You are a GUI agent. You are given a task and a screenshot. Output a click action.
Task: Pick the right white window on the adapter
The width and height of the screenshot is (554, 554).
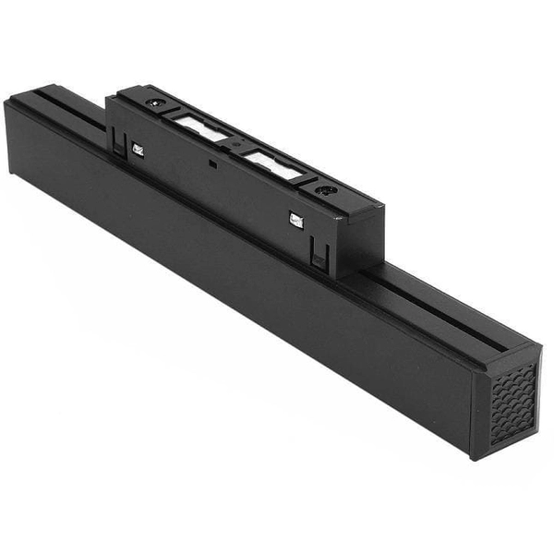click(x=271, y=165)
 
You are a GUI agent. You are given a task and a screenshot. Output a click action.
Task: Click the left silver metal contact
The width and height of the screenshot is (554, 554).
click(x=138, y=149)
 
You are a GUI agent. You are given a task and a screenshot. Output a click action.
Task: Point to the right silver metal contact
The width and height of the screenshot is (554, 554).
click(x=296, y=220)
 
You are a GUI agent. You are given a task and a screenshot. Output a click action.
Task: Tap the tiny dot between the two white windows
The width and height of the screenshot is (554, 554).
click(x=237, y=146)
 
